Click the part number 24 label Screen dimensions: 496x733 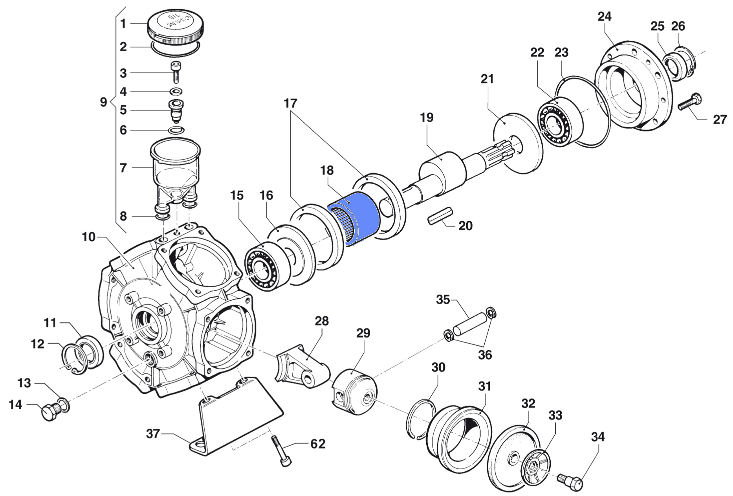coord(604,17)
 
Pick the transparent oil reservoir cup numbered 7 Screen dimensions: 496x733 coord(175,165)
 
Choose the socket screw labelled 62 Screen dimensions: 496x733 coord(281,452)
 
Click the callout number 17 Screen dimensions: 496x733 coord(290,104)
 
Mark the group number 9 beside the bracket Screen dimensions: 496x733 coord(103,102)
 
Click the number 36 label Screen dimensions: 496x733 coord(485,355)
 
